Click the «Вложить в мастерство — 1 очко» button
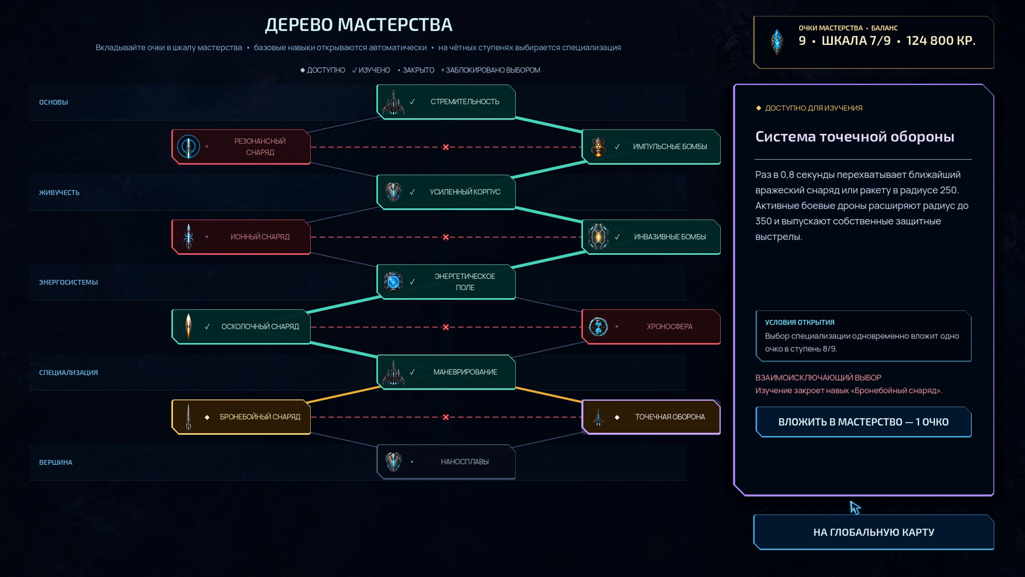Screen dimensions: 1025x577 point(863,422)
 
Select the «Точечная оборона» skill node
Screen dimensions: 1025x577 point(651,417)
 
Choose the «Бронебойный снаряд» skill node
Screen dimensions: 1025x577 point(241,417)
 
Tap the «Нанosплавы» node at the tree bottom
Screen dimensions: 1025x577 point(446,462)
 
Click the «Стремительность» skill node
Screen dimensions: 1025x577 point(446,102)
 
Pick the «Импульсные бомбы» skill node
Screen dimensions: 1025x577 point(651,146)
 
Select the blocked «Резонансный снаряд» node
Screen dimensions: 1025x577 point(241,146)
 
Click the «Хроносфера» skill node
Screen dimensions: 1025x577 point(651,326)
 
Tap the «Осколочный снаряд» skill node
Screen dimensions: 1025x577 point(241,326)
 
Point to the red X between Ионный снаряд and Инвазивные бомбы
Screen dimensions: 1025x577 point(446,237)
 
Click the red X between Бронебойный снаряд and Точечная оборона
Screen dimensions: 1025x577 point(446,417)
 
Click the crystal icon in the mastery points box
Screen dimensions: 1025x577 point(777,41)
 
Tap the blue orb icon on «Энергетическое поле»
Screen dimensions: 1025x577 point(393,282)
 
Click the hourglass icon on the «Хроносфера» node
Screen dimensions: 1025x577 point(598,326)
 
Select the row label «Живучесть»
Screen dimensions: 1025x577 point(59,192)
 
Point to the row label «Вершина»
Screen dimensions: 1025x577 point(56,462)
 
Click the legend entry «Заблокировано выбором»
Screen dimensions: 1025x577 point(491,70)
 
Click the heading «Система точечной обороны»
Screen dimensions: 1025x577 point(855,136)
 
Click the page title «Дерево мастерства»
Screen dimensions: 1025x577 point(359,25)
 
